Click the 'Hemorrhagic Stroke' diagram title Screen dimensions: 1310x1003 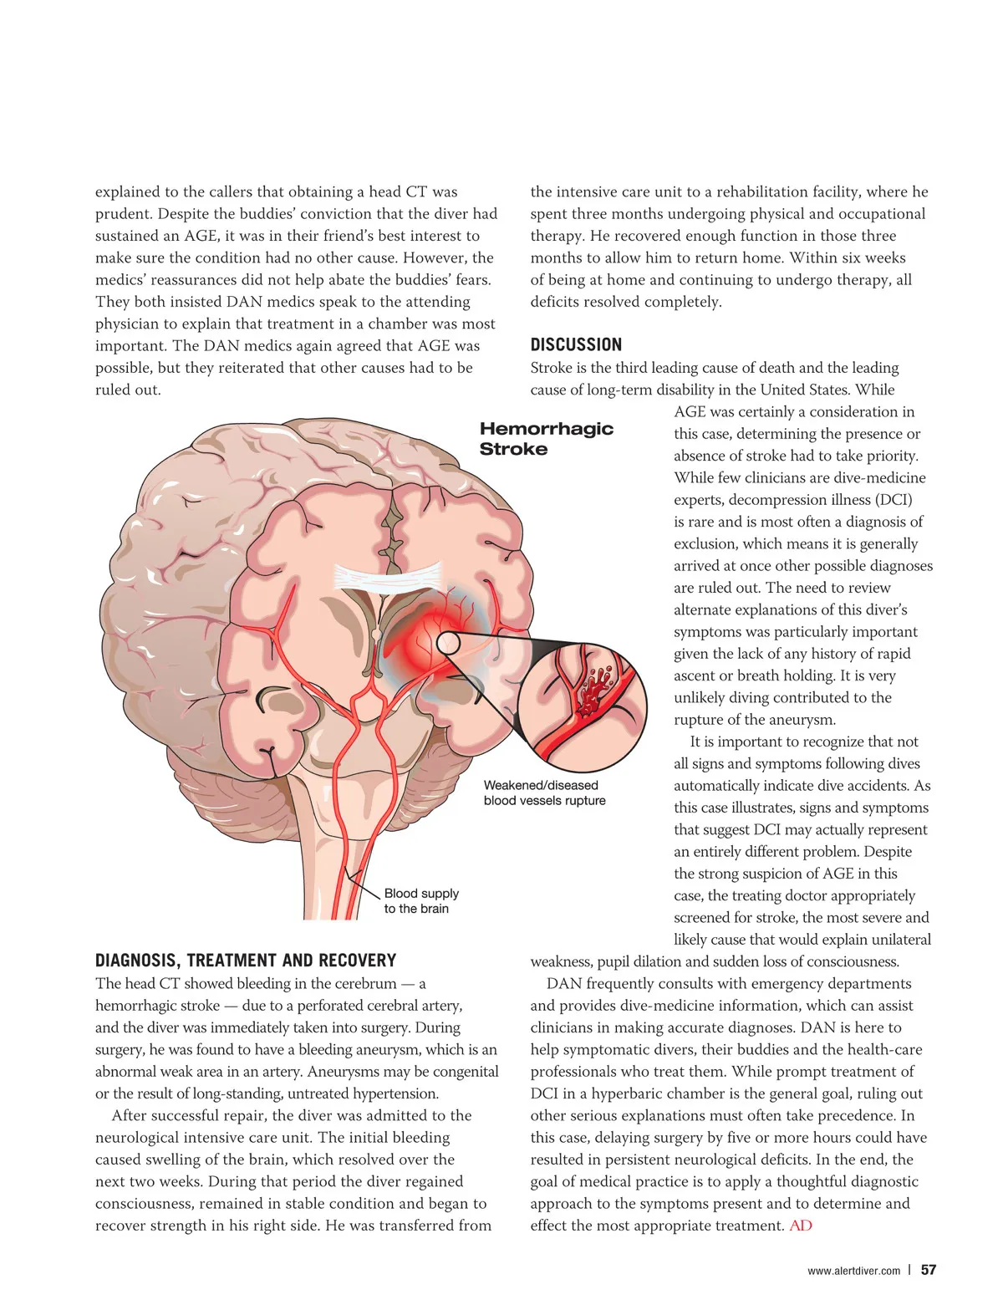[546, 439]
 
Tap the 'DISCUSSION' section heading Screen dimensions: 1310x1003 [576, 344]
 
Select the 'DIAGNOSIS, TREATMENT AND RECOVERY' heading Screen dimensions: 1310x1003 [246, 961]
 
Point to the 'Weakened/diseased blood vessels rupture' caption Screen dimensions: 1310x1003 [544, 793]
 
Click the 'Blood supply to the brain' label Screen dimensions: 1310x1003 [420, 901]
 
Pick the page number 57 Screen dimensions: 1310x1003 [928, 1270]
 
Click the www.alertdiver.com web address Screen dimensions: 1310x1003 [853, 1271]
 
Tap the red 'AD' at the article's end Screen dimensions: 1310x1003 [800, 1226]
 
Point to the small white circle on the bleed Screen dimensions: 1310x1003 [448, 643]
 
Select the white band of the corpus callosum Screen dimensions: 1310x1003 [388, 576]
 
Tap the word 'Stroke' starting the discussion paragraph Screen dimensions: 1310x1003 [552, 368]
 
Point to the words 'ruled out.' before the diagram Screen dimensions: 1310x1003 [128, 390]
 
